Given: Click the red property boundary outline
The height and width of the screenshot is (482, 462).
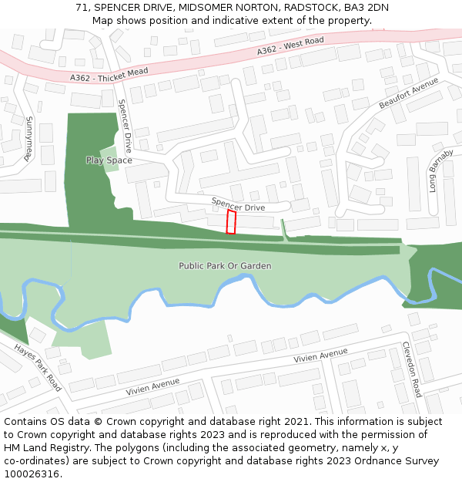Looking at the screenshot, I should [x=231, y=221].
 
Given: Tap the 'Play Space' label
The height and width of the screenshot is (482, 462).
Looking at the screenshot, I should [x=109, y=160].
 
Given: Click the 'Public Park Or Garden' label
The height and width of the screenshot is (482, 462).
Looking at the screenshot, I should [x=225, y=266].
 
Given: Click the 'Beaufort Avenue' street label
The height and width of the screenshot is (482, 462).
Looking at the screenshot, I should [x=408, y=93].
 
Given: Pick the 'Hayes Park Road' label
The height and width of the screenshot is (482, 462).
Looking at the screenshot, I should [x=37, y=368].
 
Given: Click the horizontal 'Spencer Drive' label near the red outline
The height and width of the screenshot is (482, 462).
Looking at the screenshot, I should [x=238, y=207].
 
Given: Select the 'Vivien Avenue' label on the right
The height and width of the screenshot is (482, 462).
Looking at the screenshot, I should [x=320, y=356].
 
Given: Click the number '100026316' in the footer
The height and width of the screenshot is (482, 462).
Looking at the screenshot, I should [x=31, y=474].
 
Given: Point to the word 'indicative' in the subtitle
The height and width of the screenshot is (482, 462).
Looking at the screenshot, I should [x=253, y=21].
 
